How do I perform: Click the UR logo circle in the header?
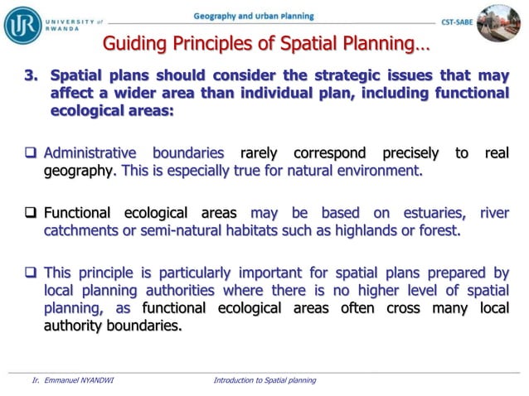[22, 24]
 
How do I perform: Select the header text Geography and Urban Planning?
[253, 17]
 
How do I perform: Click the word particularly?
[187, 272]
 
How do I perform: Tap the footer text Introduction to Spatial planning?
[264, 380]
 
